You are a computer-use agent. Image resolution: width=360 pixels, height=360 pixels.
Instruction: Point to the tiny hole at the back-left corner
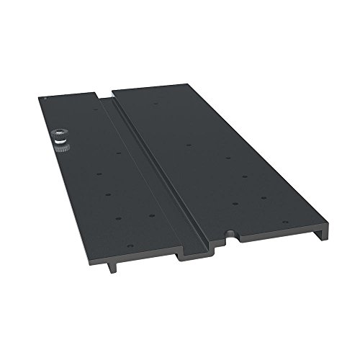pos(45,98)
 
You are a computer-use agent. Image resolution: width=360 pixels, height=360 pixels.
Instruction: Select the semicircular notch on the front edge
pos(229,234)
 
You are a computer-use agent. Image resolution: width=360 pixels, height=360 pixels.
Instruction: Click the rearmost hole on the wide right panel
pos(156,103)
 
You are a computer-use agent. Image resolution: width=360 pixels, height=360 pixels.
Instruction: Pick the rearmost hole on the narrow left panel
pos(99,109)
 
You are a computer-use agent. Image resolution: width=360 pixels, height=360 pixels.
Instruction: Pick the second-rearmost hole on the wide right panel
pos(188,145)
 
